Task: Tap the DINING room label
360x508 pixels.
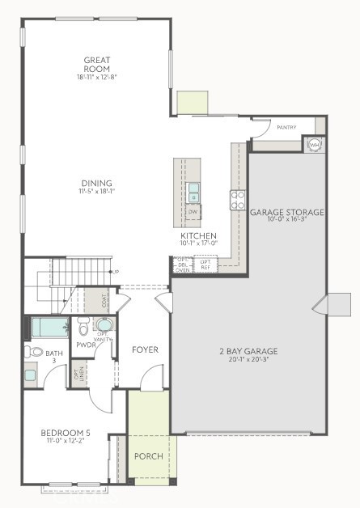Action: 96,183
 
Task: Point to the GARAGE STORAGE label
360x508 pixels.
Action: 286,212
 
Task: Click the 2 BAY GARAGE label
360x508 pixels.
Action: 248,351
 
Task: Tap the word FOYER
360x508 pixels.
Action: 145,349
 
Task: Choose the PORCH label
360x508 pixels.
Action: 148,456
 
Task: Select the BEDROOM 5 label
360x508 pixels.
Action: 66,434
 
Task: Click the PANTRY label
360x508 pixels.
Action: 286,128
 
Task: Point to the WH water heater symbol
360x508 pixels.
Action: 314,144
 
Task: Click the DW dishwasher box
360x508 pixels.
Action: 193,212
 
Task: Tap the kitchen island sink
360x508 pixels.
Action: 193,192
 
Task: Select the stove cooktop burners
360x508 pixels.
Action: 238,199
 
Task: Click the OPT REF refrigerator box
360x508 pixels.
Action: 205,264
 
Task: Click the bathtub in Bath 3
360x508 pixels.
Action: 49,328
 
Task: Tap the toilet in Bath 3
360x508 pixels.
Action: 33,352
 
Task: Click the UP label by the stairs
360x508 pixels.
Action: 115,272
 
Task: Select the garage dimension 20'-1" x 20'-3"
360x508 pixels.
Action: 248,360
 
